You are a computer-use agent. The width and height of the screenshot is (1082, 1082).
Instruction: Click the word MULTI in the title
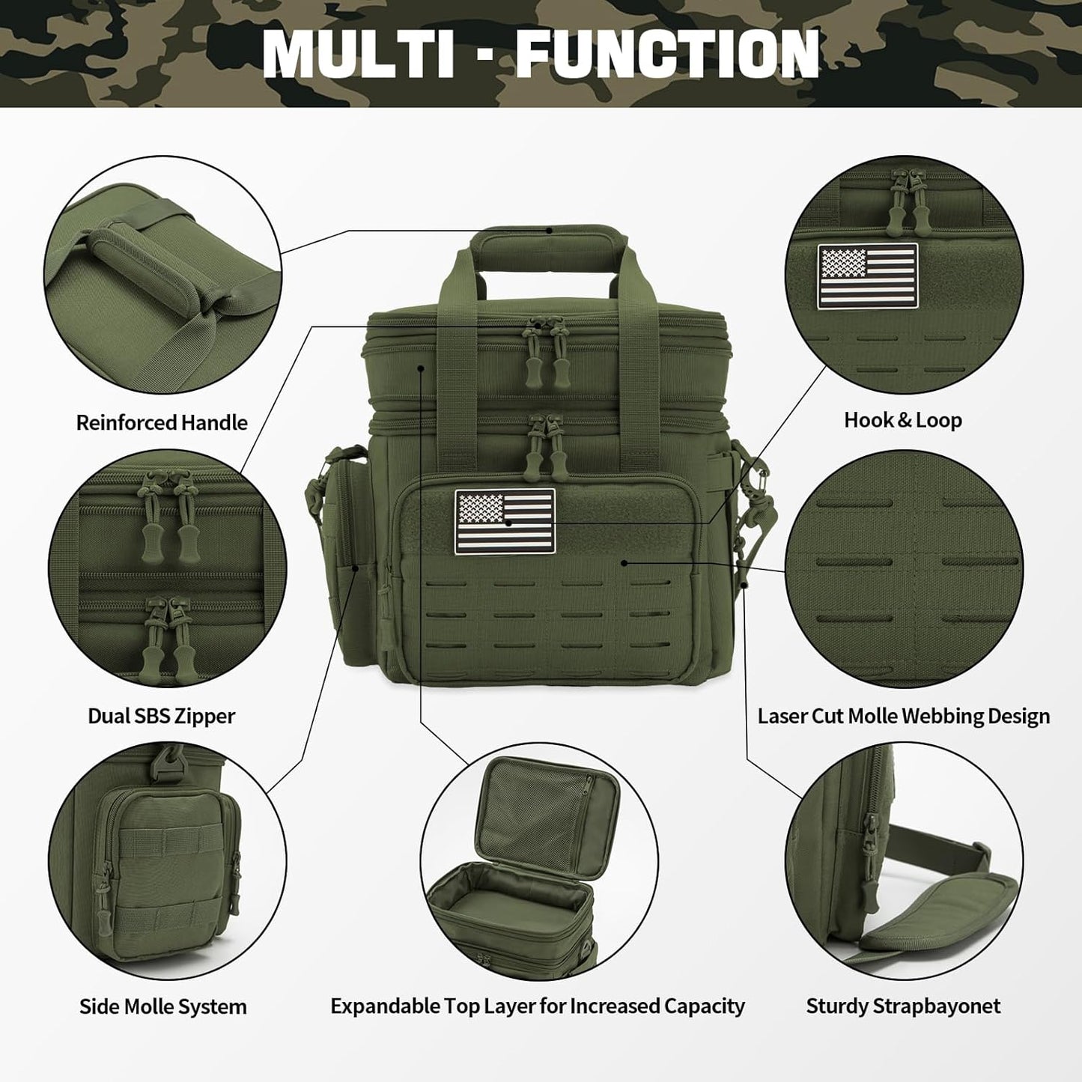[359, 54]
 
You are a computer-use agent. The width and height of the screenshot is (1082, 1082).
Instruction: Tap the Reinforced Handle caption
[162, 422]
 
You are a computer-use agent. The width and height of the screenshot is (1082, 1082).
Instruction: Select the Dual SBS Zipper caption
[162, 716]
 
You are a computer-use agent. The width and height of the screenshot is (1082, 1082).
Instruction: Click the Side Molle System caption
[163, 1006]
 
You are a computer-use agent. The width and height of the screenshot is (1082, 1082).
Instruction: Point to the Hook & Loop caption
[903, 420]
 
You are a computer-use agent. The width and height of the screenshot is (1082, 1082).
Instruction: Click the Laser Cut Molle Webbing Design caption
[903, 716]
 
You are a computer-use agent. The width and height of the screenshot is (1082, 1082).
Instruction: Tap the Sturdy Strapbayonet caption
[903, 1006]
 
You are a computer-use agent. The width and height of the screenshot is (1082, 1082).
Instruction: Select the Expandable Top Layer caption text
[538, 1006]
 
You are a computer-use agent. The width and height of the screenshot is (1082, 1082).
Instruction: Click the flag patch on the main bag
[505, 521]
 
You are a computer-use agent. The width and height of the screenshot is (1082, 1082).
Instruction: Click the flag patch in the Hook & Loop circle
[867, 276]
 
